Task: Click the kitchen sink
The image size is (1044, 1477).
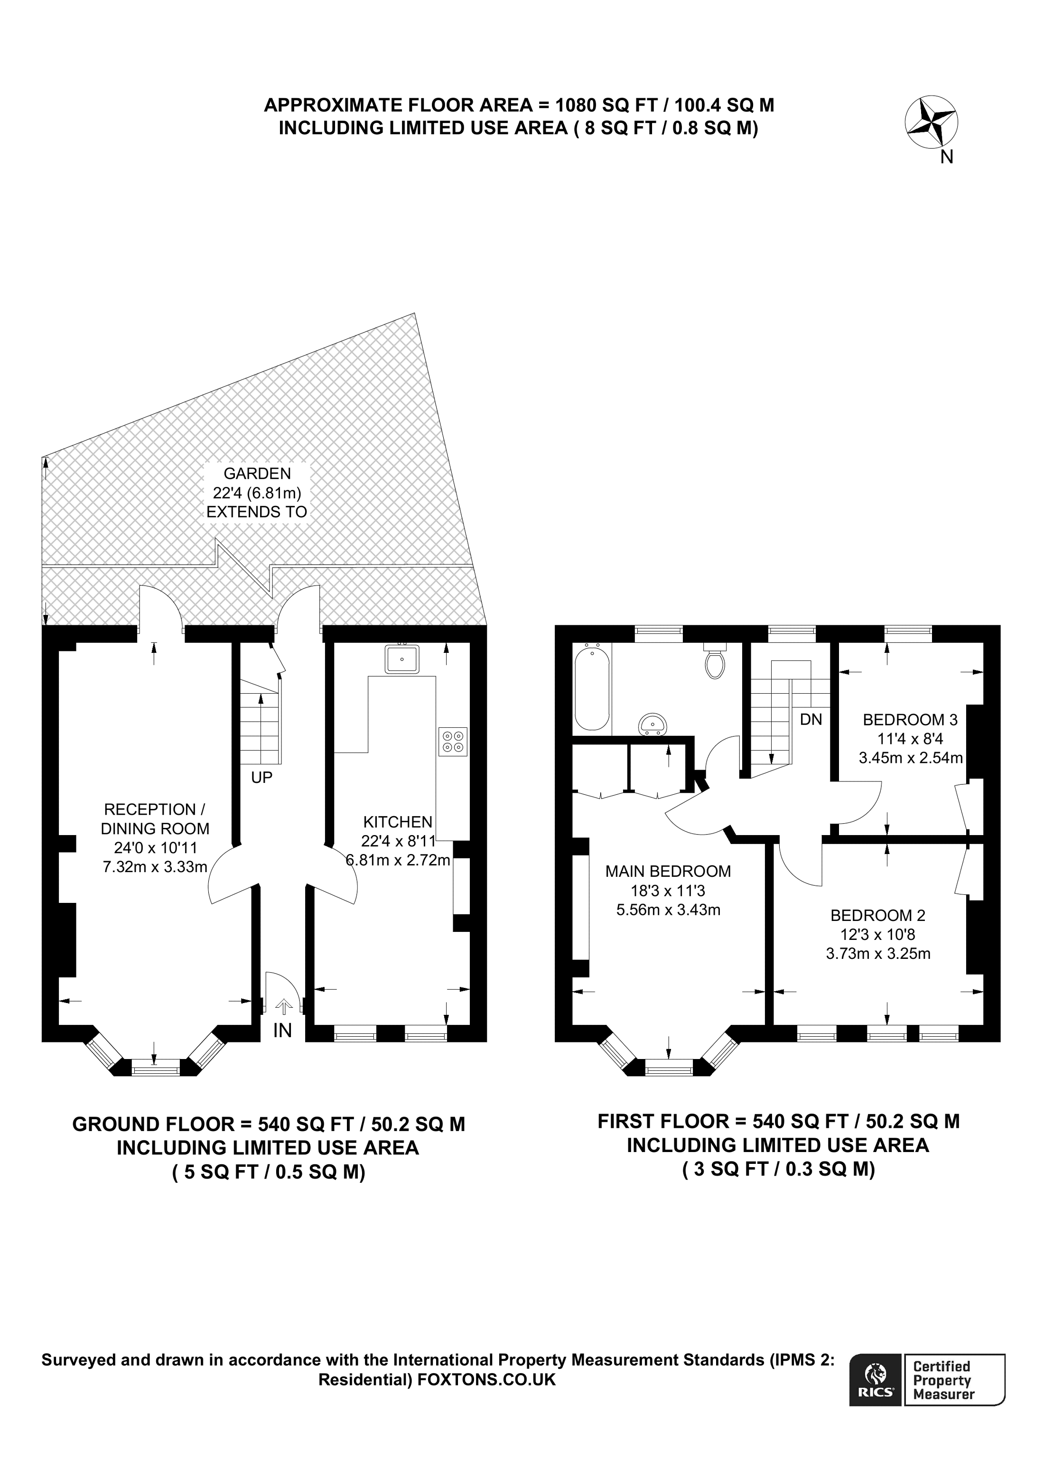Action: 402,660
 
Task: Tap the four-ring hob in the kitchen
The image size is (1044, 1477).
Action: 452,741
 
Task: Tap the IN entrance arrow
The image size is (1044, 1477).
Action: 283,1007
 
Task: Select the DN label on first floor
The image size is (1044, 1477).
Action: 811,719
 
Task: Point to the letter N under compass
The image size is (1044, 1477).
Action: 946,157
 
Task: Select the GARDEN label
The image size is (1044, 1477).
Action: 257,474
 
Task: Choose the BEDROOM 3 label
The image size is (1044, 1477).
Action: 910,720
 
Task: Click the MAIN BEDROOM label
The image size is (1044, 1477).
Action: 668,871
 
